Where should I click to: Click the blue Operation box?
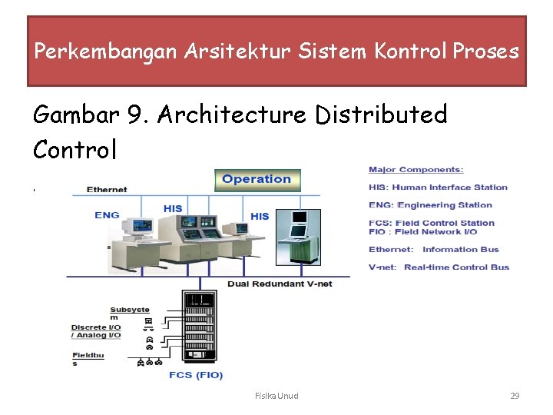(x=257, y=180)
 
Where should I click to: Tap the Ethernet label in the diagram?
(x=107, y=189)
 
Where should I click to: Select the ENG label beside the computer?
(x=107, y=215)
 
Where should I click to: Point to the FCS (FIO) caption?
(x=196, y=375)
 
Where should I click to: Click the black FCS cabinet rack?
(x=198, y=324)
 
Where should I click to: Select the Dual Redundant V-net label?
(x=268, y=284)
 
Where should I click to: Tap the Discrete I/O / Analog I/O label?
(x=96, y=331)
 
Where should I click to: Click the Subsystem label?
(x=129, y=314)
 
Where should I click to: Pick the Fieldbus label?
(x=87, y=359)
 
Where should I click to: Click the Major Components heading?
(x=416, y=170)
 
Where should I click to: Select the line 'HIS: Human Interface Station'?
(x=438, y=187)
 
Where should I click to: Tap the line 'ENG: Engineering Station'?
(x=430, y=205)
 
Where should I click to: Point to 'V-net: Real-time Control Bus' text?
(x=439, y=267)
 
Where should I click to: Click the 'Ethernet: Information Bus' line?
(x=433, y=249)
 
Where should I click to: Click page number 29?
(x=515, y=396)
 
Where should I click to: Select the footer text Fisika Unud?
(x=276, y=396)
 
